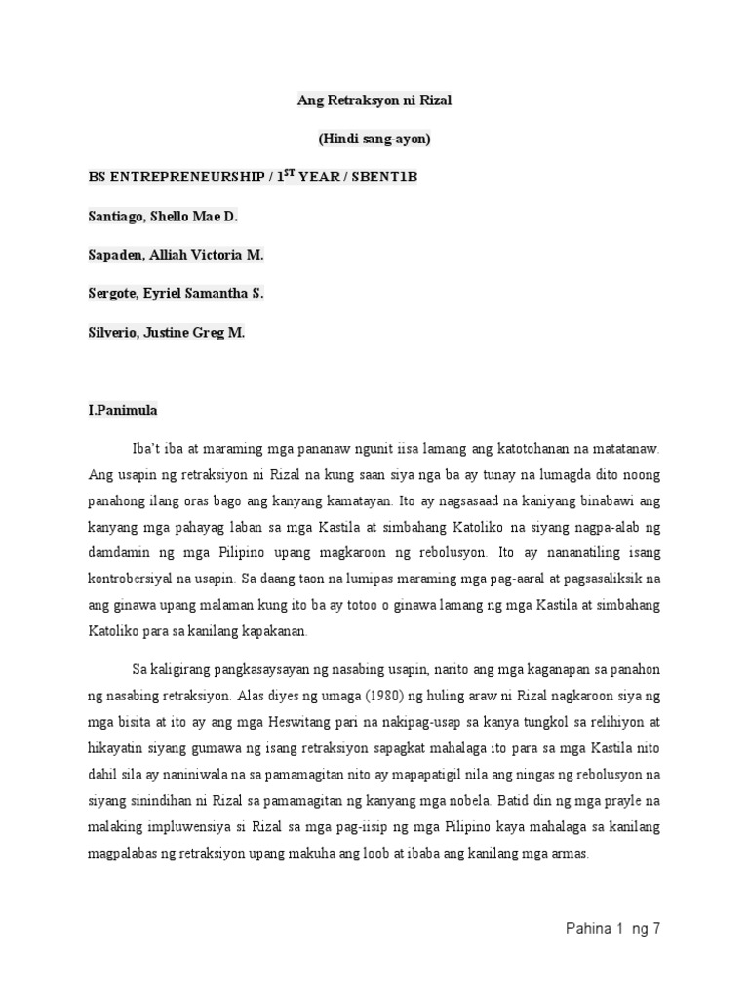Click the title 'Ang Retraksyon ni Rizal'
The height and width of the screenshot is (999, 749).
click(x=374, y=100)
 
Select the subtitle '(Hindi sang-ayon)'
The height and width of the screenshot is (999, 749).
click(x=374, y=139)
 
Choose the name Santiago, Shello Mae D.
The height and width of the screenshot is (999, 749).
click(x=163, y=216)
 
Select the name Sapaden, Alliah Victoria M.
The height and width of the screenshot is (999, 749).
click(x=176, y=255)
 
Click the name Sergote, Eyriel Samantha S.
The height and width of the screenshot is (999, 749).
click(x=176, y=293)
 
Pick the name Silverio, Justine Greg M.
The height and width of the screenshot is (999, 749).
click(x=166, y=332)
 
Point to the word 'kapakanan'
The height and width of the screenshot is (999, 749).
click(x=275, y=630)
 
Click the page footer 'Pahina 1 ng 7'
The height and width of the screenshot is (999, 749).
click(x=612, y=928)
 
